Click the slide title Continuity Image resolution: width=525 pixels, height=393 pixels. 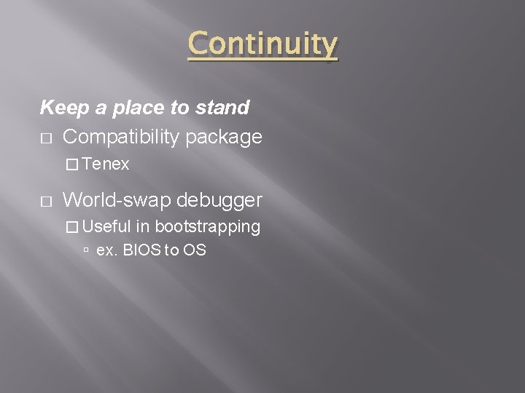click(x=262, y=45)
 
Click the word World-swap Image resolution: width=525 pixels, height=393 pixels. click(x=117, y=199)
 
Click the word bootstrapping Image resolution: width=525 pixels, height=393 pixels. click(x=207, y=227)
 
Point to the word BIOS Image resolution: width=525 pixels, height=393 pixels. click(x=144, y=250)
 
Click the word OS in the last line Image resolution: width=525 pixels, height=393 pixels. click(x=195, y=250)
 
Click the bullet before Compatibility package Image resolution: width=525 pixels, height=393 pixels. click(x=45, y=138)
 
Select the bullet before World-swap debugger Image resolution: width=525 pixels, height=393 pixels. click(x=45, y=200)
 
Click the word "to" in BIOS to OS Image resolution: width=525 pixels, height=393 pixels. click(x=171, y=250)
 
